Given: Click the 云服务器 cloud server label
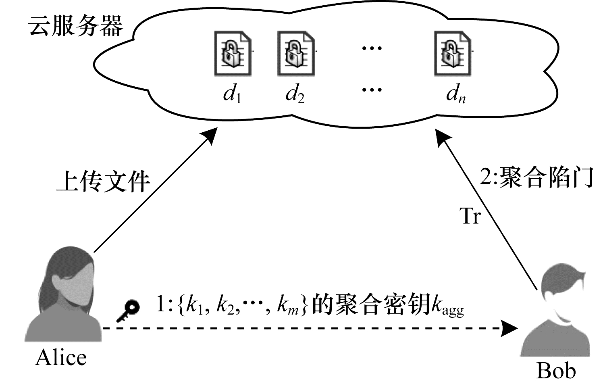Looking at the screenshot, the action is (x=75, y=26).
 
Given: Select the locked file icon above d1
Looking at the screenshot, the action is (x=233, y=53).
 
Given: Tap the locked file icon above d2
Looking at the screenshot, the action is (x=296, y=53).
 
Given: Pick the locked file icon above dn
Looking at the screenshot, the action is (x=453, y=53).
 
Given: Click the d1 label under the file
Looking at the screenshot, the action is (x=232, y=94).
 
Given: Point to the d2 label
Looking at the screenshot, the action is (x=295, y=94).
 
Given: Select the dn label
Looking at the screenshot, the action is (x=456, y=94).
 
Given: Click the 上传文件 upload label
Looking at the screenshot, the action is (x=103, y=181).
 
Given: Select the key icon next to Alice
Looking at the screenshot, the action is (x=128, y=311).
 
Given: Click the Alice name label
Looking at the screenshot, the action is (x=61, y=358).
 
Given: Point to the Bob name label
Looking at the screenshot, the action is (x=556, y=371).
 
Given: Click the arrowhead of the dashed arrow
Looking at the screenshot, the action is (x=509, y=328).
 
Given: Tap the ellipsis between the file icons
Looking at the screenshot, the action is (x=372, y=48).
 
